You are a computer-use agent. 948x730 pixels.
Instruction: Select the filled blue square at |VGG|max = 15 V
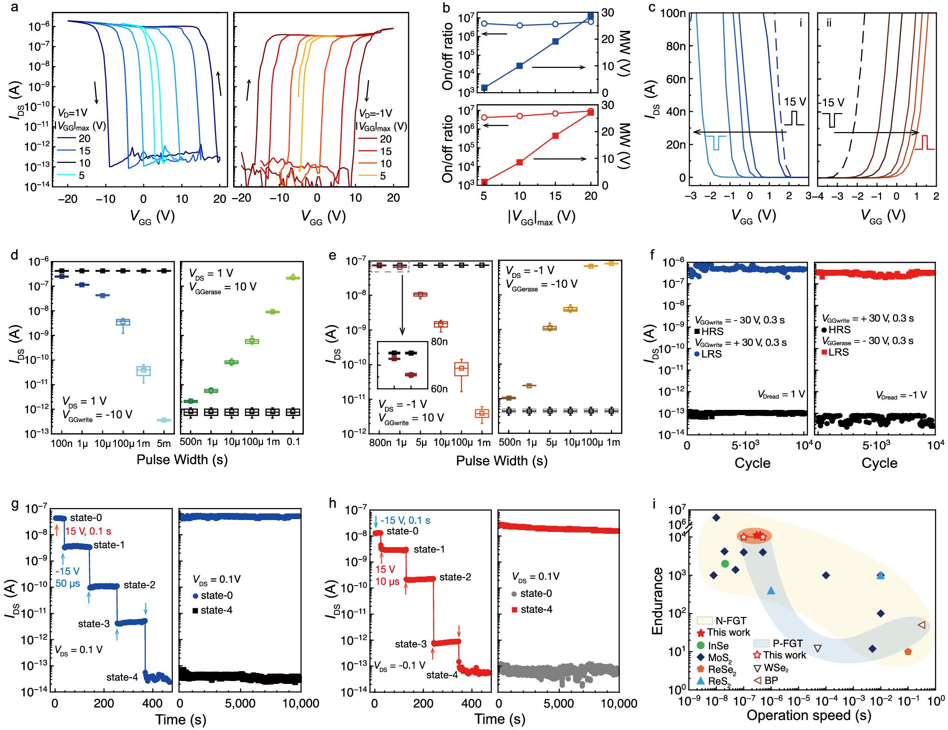click(555, 42)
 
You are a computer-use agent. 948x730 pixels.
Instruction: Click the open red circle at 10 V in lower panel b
click(520, 116)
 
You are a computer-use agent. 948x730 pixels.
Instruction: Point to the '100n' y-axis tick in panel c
click(673, 13)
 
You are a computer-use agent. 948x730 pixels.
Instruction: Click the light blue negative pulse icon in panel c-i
click(715, 142)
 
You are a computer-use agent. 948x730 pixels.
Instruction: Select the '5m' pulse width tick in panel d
click(164, 444)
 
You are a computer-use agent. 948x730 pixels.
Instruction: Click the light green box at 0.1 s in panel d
click(293, 277)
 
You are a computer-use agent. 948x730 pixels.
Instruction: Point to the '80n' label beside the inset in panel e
click(439, 342)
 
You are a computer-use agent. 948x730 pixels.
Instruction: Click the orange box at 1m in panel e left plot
click(482, 413)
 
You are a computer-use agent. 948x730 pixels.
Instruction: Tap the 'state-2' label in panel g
click(139, 585)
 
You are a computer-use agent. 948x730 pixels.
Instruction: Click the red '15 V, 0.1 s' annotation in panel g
click(88, 531)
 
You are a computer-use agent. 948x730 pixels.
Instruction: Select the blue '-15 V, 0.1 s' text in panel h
click(405, 520)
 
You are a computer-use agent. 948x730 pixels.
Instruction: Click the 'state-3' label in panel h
click(411, 644)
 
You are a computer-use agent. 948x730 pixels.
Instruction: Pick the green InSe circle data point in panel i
click(725, 564)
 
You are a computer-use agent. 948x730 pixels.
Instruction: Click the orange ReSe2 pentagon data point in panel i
click(908, 652)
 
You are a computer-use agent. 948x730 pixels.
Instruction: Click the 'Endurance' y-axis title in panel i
click(657, 601)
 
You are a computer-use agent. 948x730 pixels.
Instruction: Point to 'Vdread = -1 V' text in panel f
click(901, 395)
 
